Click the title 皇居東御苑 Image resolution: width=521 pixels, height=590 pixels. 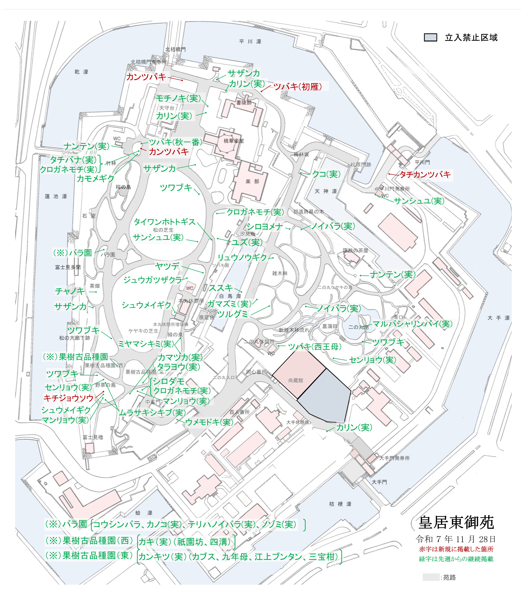[456, 523]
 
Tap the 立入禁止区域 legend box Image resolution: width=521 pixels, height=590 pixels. [430, 37]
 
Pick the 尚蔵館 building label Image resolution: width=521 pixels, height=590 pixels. [296, 380]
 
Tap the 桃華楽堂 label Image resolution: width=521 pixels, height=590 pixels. [234, 141]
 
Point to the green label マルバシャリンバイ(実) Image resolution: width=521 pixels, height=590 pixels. [412, 324]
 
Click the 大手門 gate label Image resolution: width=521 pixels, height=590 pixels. [379, 482]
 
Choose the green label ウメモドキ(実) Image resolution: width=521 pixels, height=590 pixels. [209, 422]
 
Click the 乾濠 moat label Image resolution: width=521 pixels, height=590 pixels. [81, 72]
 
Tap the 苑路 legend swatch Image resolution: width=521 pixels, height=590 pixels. [431, 577]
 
